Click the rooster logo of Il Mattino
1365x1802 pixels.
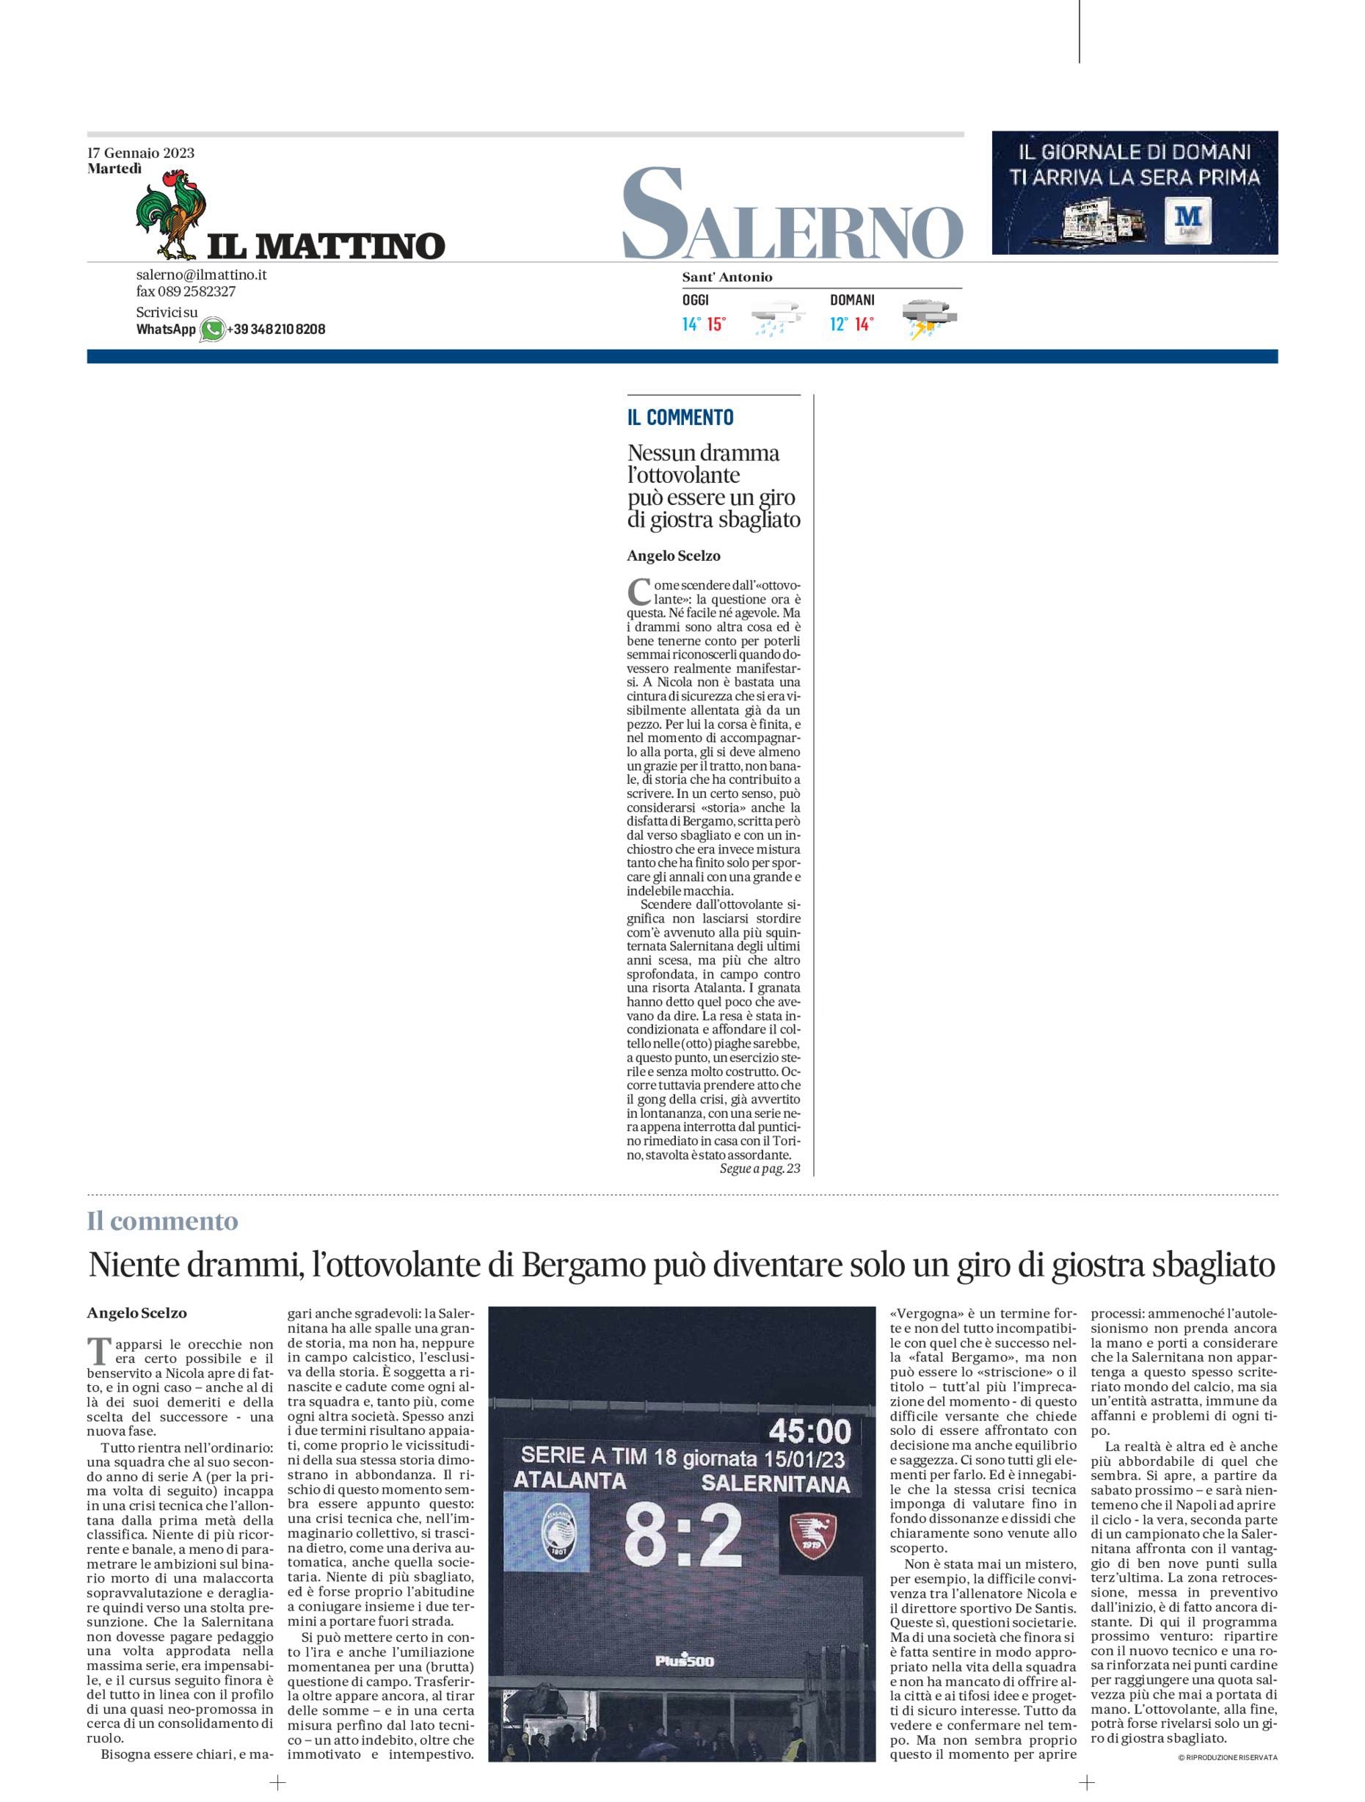[x=171, y=214]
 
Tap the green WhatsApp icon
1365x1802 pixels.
[x=212, y=329]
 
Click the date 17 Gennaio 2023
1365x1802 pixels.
[x=141, y=153]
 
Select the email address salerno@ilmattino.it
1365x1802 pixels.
[x=201, y=275]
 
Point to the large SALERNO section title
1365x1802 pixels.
[x=793, y=214]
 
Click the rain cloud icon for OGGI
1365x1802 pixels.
[x=777, y=320]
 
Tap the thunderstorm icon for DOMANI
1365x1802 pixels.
[x=928, y=320]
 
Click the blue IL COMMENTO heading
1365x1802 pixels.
[x=680, y=417]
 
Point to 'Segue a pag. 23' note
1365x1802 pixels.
[x=759, y=1169]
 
